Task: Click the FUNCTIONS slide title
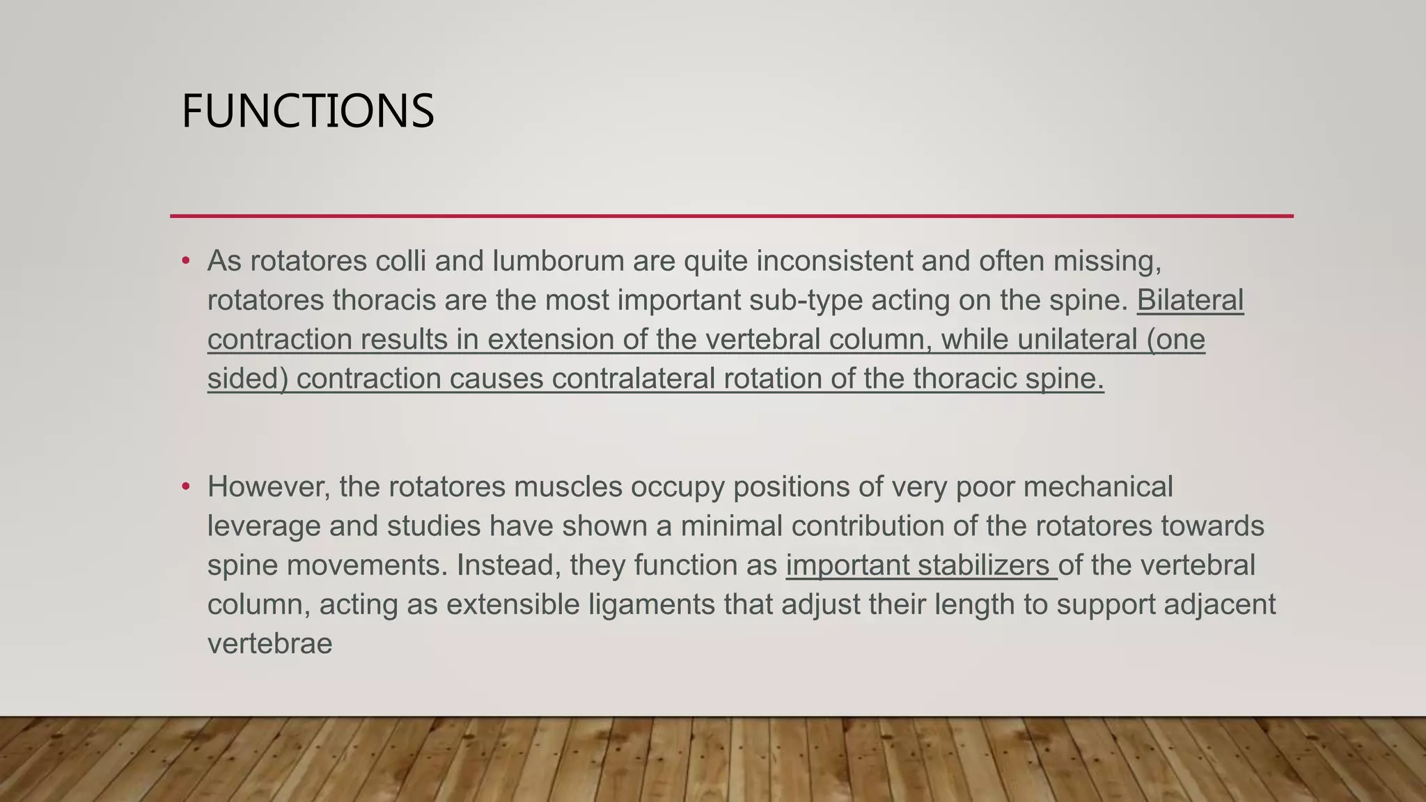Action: tap(307, 111)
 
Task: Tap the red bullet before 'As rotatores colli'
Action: tap(185, 262)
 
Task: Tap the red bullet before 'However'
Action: tap(185, 487)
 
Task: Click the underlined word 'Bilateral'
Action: tap(1190, 301)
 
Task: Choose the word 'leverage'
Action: tap(264, 526)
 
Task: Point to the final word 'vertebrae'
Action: tap(270, 643)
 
